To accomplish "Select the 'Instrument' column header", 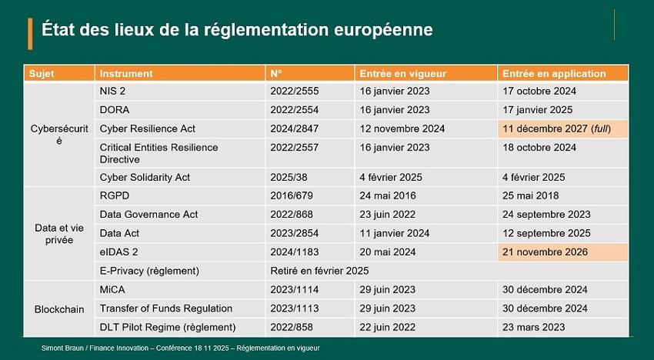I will (126, 74).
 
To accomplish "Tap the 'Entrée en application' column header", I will (553, 74).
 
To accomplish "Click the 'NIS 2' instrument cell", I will (115, 91).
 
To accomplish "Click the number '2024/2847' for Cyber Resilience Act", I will (294, 128).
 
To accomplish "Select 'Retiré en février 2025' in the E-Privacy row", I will (319, 271).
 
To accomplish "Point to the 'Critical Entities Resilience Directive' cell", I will (158, 153).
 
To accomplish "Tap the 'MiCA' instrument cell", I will (113, 290).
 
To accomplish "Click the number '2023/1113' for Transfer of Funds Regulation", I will (294, 308).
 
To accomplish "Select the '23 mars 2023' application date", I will (533, 328).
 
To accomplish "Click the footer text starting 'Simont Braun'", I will (180, 348).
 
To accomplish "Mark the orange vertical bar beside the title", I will (30, 33).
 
